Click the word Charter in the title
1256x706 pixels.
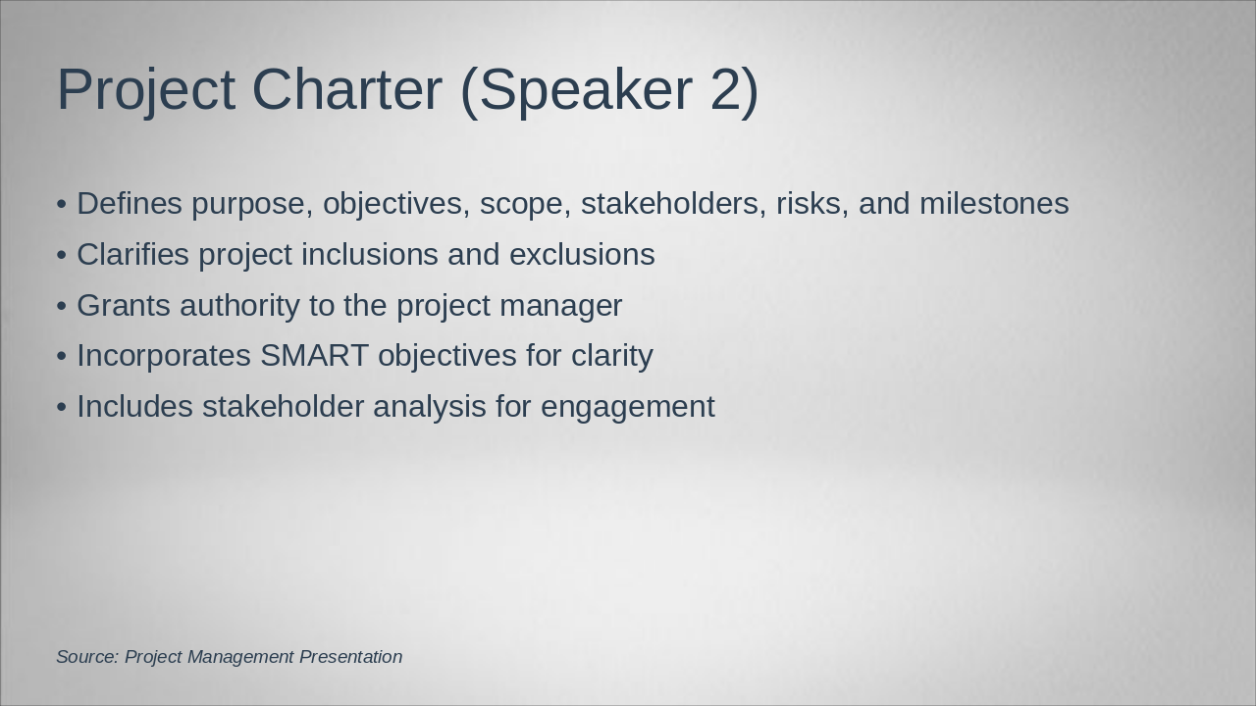[x=347, y=89]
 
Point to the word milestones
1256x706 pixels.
[x=994, y=203]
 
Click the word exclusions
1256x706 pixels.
[x=582, y=254]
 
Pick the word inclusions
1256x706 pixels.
[x=370, y=254]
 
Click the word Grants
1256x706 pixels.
[x=124, y=305]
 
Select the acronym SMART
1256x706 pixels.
[x=314, y=355]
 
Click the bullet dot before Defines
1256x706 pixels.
[x=62, y=205]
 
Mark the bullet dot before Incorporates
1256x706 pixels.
[x=62, y=357]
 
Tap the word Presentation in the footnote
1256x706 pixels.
[x=350, y=657]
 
